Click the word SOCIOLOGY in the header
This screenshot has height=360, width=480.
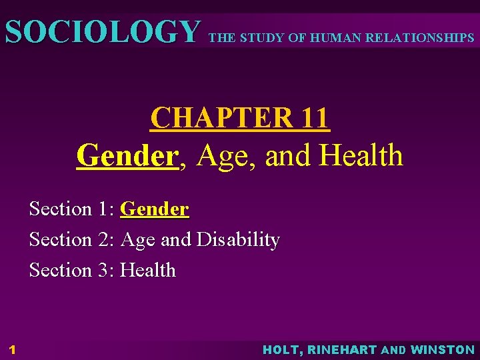click(x=102, y=31)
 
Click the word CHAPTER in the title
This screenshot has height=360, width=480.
click(x=219, y=119)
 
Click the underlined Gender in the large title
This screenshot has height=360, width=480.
click(x=127, y=156)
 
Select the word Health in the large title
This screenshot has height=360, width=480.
click(x=361, y=156)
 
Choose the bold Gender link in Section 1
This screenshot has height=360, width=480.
click(x=154, y=209)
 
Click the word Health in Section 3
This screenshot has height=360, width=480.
click(x=147, y=270)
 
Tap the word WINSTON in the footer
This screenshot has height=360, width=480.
click(x=443, y=349)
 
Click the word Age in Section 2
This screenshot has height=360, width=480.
click(x=138, y=239)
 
